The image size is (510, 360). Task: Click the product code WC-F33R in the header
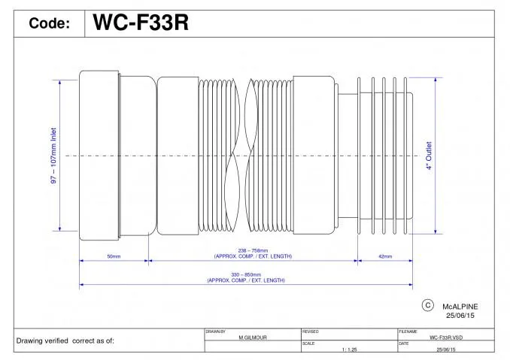coord(141,23)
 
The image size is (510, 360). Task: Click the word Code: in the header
coord(50,23)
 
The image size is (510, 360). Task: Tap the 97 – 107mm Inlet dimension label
coord(53,156)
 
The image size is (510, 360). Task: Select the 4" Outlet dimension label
coord(429,156)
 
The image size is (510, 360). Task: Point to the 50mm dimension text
coord(114,256)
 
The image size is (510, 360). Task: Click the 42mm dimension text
coord(385,256)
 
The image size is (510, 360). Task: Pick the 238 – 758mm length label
coord(253,250)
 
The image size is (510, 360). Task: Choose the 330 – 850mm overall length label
coord(246,274)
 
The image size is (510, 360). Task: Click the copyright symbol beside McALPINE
coord(428,305)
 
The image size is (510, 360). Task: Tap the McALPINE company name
coord(460,307)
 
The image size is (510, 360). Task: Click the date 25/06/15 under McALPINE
coord(460,316)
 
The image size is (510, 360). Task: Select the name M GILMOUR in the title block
coord(253,337)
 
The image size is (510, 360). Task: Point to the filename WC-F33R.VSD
coord(446,337)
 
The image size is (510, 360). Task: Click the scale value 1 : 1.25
coord(349,349)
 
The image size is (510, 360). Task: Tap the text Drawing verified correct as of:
coord(65,340)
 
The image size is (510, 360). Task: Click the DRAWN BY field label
coord(215,331)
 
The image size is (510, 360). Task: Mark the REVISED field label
coord(311,331)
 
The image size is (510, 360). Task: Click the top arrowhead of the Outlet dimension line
coord(436,80)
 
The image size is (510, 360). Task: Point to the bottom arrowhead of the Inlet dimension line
coord(60,228)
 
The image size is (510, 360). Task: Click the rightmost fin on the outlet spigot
coord(405,156)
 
